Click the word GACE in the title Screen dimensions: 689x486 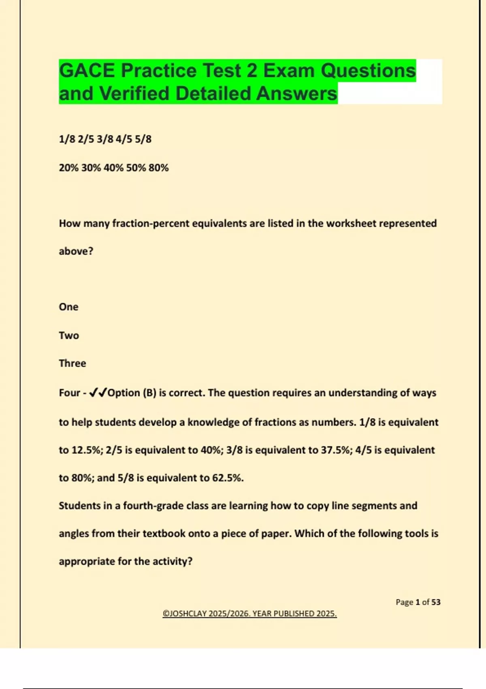click(87, 71)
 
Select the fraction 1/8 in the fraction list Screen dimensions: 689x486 click(67, 139)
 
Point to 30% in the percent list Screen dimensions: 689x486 click(91, 168)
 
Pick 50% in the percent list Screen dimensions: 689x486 click(136, 168)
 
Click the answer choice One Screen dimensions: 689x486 click(68, 307)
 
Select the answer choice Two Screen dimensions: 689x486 click(69, 336)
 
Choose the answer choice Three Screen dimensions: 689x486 click(72, 363)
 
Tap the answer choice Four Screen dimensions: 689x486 click(70, 393)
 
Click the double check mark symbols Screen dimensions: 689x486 click(98, 393)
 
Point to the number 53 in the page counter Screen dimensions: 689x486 click(436, 602)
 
